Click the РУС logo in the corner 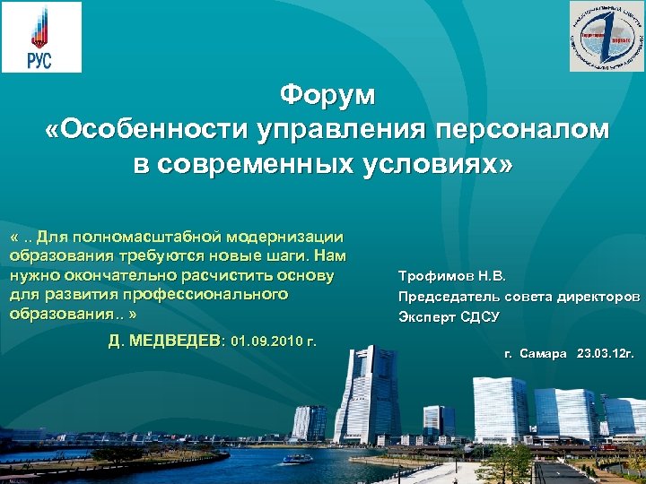coord(40,37)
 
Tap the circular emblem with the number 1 coord(607,37)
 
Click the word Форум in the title coord(327,93)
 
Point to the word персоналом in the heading coord(523,130)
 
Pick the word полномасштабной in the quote coord(155,237)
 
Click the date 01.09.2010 coord(265,341)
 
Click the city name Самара coord(545,354)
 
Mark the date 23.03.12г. coord(607,354)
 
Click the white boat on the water coord(297,458)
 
